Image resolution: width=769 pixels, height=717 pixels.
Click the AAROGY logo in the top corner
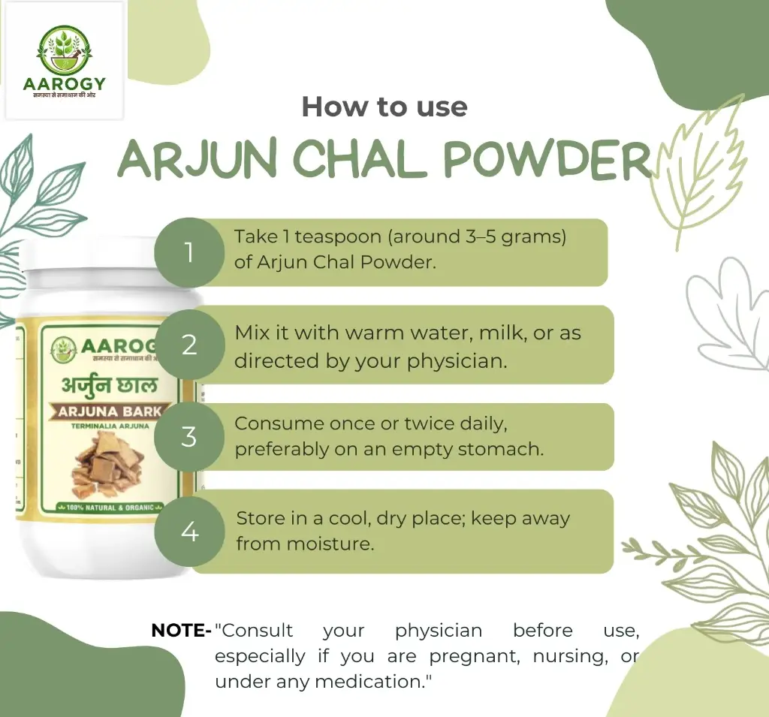click(64, 60)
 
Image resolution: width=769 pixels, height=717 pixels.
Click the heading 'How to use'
click(384, 107)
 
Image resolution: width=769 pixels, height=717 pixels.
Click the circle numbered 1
click(189, 252)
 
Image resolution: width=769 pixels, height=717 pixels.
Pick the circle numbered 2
click(189, 345)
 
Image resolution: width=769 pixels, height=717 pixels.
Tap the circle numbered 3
click(189, 436)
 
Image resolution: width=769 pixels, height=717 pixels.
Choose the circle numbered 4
click(189, 532)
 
